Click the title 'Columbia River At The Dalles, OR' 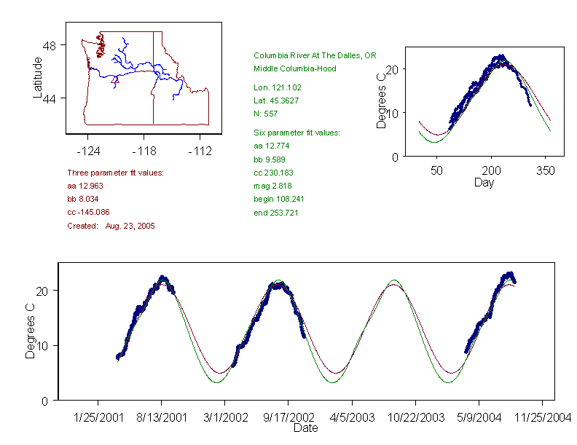coord(315,55)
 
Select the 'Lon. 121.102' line coord(277,87)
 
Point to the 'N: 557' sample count coord(267,114)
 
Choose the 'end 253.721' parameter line coord(276,213)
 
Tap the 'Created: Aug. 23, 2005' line coord(111,226)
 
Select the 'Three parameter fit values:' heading coord(115,173)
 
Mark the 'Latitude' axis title coord(38,77)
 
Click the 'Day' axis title coord(484,182)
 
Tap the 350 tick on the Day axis coord(546,170)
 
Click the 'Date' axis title coord(305,428)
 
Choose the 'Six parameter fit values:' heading coord(297,133)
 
